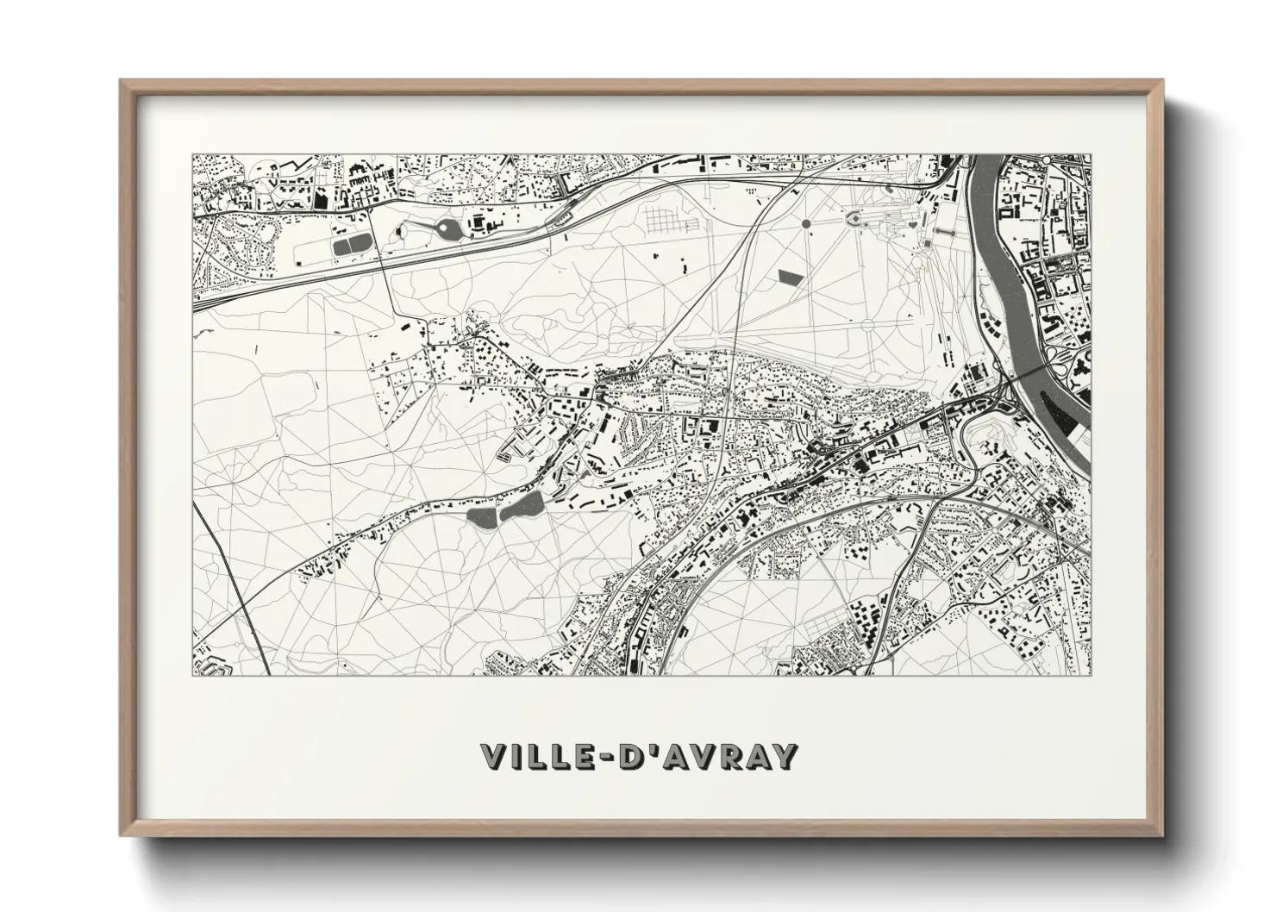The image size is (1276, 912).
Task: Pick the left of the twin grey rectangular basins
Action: coord(342,247)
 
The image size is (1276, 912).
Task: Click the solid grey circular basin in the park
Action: coord(806,223)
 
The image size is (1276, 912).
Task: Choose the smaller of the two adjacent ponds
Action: coord(480,518)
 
